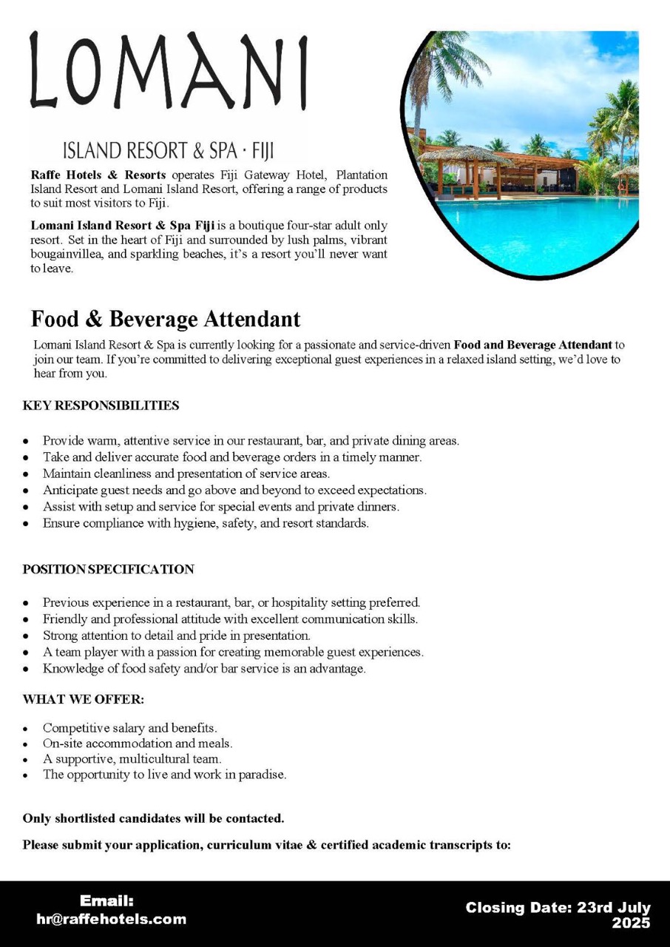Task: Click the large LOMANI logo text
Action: (169, 71)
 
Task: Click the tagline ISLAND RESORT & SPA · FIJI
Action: (169, 151)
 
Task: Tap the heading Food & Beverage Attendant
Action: (166, 319)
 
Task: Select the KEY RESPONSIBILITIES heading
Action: (101, 405)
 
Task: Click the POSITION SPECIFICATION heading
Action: (108, 569)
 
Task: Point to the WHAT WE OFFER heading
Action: (84, 699)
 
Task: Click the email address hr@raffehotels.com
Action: (111, 920)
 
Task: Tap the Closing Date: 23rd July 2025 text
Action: (558, 915)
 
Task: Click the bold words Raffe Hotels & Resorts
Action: (98, 175)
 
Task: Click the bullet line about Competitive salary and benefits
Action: (129, 728)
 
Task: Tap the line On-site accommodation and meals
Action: (138, 744)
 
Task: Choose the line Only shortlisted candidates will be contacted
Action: (154, 818)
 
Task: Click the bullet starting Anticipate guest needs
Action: (234, 490)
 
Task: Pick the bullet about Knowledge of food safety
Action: (204, 669)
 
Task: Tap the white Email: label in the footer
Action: (106, 901)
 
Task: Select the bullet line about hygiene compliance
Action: (206, 523)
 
